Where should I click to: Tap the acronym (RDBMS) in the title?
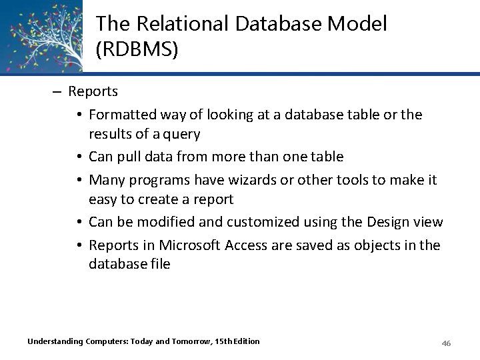coord(137,50)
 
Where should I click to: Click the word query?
coord(181,134)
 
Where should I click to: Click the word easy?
coord(103,199)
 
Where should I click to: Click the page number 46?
coord(447,343)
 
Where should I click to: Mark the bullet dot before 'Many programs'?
coord(79,180)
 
